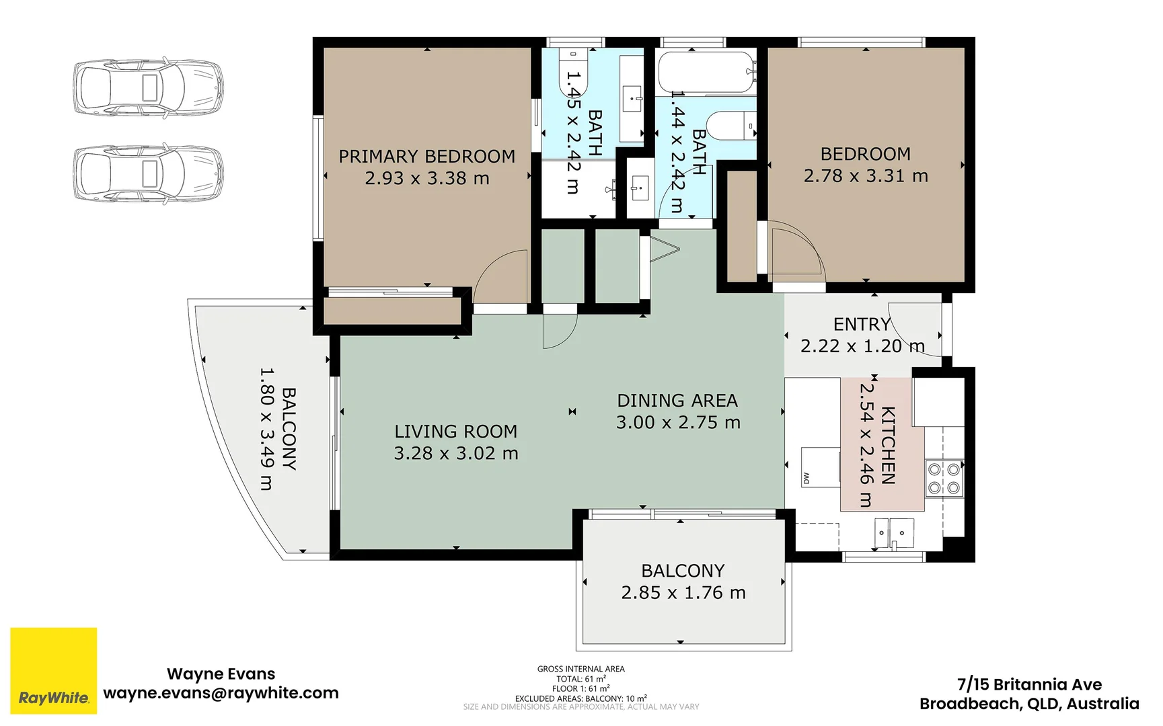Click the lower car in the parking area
click(148, 173)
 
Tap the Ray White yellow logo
click(54, 670)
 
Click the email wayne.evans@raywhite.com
click(221, 693)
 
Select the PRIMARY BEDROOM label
click(427, 157)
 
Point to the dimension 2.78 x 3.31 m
click(866, 176)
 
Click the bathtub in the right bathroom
click(706, 72)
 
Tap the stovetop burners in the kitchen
click(944, 479)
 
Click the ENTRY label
click(862, 325)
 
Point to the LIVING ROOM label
click(456, 432)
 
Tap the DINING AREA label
click(677, 401)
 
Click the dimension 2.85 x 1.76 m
click(683, 593)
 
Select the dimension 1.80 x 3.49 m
click(267, 428)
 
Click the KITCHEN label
click(888, 445)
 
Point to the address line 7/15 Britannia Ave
click(1029, 685)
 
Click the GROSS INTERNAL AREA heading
click(581, 669)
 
